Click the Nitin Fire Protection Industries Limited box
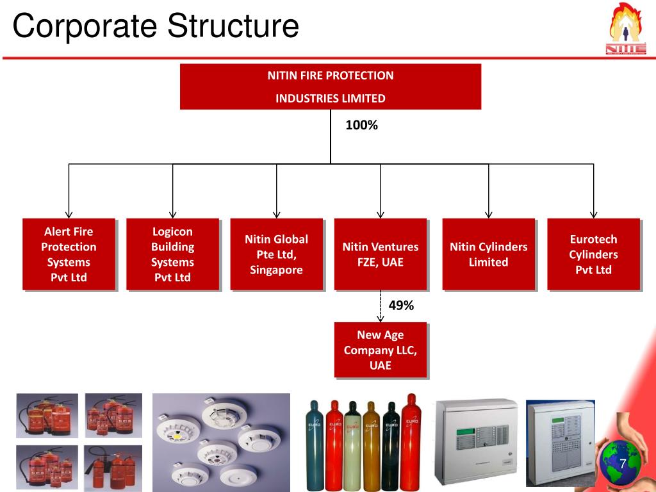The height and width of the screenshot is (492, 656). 330,86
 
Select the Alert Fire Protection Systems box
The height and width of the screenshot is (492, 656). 69,254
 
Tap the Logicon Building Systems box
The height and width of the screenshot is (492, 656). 172,254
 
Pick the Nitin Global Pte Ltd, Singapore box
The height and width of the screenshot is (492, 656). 276,254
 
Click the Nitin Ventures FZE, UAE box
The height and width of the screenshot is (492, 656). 380,254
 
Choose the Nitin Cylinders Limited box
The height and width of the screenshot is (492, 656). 488,254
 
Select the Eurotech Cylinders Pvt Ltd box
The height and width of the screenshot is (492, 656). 593,254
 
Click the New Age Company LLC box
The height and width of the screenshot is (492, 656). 380,350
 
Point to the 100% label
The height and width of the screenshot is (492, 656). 362,126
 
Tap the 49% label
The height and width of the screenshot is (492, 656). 401,306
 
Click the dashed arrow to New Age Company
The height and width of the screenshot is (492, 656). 381,306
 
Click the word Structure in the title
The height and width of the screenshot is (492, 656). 234,27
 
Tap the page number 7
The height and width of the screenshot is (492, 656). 622,463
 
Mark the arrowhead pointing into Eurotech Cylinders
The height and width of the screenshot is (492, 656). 593,215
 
